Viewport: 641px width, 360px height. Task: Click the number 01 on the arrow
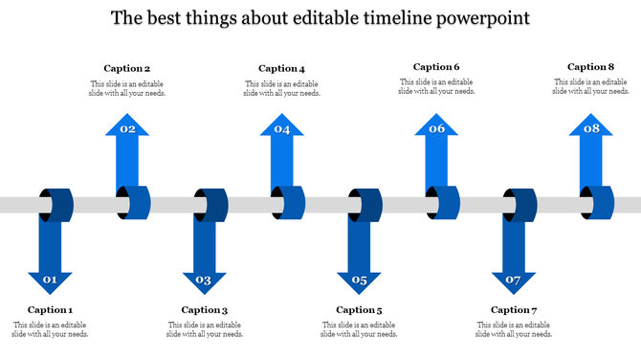pyautogui.click(x=50, y=281)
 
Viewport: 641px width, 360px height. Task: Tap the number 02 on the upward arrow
pyautogui.click(x=127, y=129)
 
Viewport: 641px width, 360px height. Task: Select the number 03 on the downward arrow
pyautogui.click(x=204, y=281)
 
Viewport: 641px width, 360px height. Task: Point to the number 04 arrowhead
pyautogui.click(x=282, y=129)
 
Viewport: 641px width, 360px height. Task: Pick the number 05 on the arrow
pyautogui.click(x=359, y=281)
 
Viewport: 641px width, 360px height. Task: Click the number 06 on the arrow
pyautogui.click(x=437, y=129)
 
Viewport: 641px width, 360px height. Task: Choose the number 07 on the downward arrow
pyautogui.click(x=514, y=281)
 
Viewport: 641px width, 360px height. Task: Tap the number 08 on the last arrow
pyautogui.click(x=591, y=129)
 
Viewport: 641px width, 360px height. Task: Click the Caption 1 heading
pyautogui.click(x=50, y=309)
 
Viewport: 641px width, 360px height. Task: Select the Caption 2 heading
pyautogui.click(x=127, y=68)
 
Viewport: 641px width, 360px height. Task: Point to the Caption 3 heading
pyautogui.click(x=205, y=309)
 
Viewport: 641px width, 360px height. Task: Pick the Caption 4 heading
pyautogui.click(x=282, y=68)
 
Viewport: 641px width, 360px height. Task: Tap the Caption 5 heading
pyautogui.click(x=359, y=309)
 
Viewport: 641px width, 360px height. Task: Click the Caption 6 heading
pyautogui.click(x=436, y=67)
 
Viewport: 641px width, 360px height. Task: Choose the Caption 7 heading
pyautogui.click(x=514, y=309)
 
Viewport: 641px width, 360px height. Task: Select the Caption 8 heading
pyautogui.click(x=591, y=67)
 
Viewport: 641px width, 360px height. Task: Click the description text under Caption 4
pyautogui.click(x=282, y=89)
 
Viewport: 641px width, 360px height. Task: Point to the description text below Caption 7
pyautogui.click(x=514, y=330)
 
